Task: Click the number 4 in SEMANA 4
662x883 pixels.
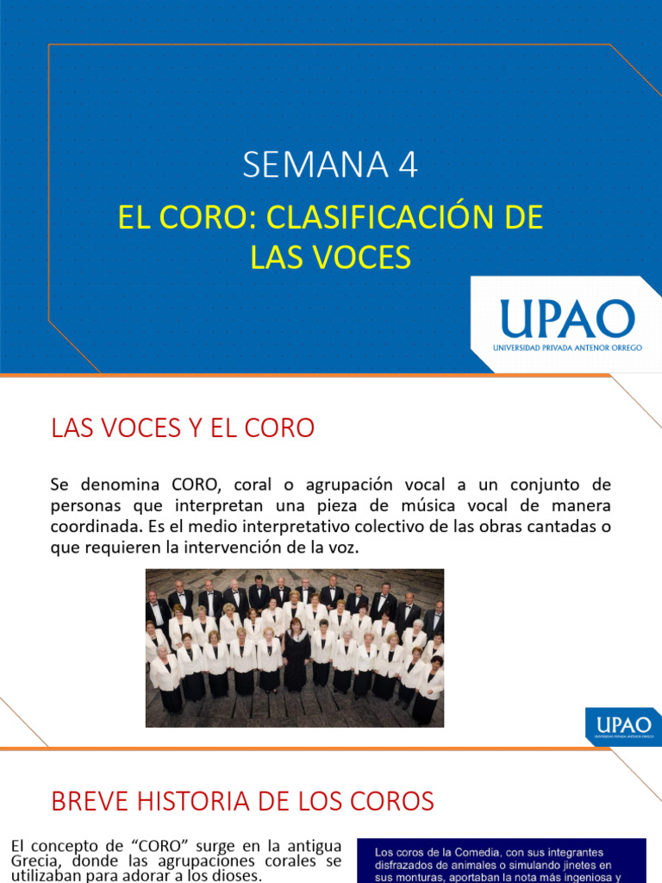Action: click(x=408, y=165)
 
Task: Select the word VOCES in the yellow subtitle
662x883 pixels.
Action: click(x=369, y=256)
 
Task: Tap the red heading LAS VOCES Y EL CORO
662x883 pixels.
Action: click(x=183, y=428)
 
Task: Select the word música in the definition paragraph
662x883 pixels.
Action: click(x=426, y=504)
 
